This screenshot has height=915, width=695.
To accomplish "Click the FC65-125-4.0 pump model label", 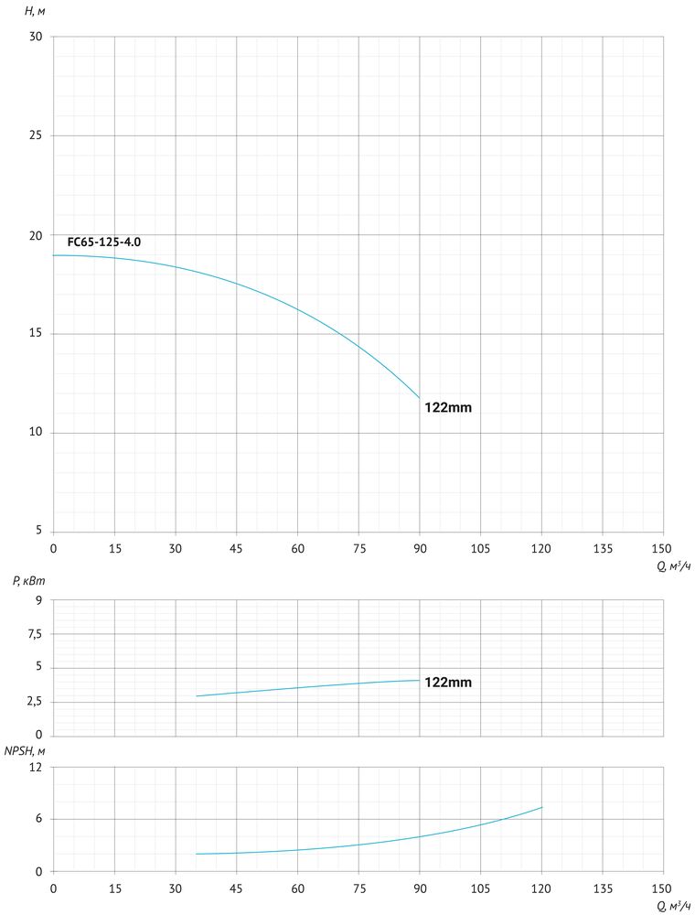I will click(104, 242).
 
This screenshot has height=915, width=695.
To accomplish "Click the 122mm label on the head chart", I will click(448, 408).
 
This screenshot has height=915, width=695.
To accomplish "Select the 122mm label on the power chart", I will click(448, 682).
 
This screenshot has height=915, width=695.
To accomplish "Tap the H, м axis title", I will click(36, 11).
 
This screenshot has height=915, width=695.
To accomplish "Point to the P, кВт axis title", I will click(29, 581).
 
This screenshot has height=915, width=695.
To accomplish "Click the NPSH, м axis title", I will click(25, 750).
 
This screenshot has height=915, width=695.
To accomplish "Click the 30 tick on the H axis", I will click(37, 38).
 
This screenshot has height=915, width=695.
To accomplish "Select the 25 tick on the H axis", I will click(37, 135).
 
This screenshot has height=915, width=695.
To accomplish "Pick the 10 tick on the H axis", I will click(37, 433).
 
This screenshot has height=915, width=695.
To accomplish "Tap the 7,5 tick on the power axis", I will click(34, 634).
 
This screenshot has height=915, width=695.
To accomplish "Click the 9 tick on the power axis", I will click(39, 600).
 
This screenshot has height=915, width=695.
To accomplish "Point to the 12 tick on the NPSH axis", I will click(37, 768).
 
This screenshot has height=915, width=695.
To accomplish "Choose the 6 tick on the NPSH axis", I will click(39, 819).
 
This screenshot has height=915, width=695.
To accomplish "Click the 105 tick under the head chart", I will click(480, 547).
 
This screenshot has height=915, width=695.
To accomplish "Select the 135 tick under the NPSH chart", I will click(603, 888).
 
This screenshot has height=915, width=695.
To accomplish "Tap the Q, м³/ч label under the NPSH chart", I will click(674, 906).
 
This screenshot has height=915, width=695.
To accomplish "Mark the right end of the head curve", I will click(420, 398).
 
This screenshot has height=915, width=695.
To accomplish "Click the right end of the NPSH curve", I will click(542, 807).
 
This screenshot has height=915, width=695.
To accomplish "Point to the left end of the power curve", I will click(197, 696).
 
